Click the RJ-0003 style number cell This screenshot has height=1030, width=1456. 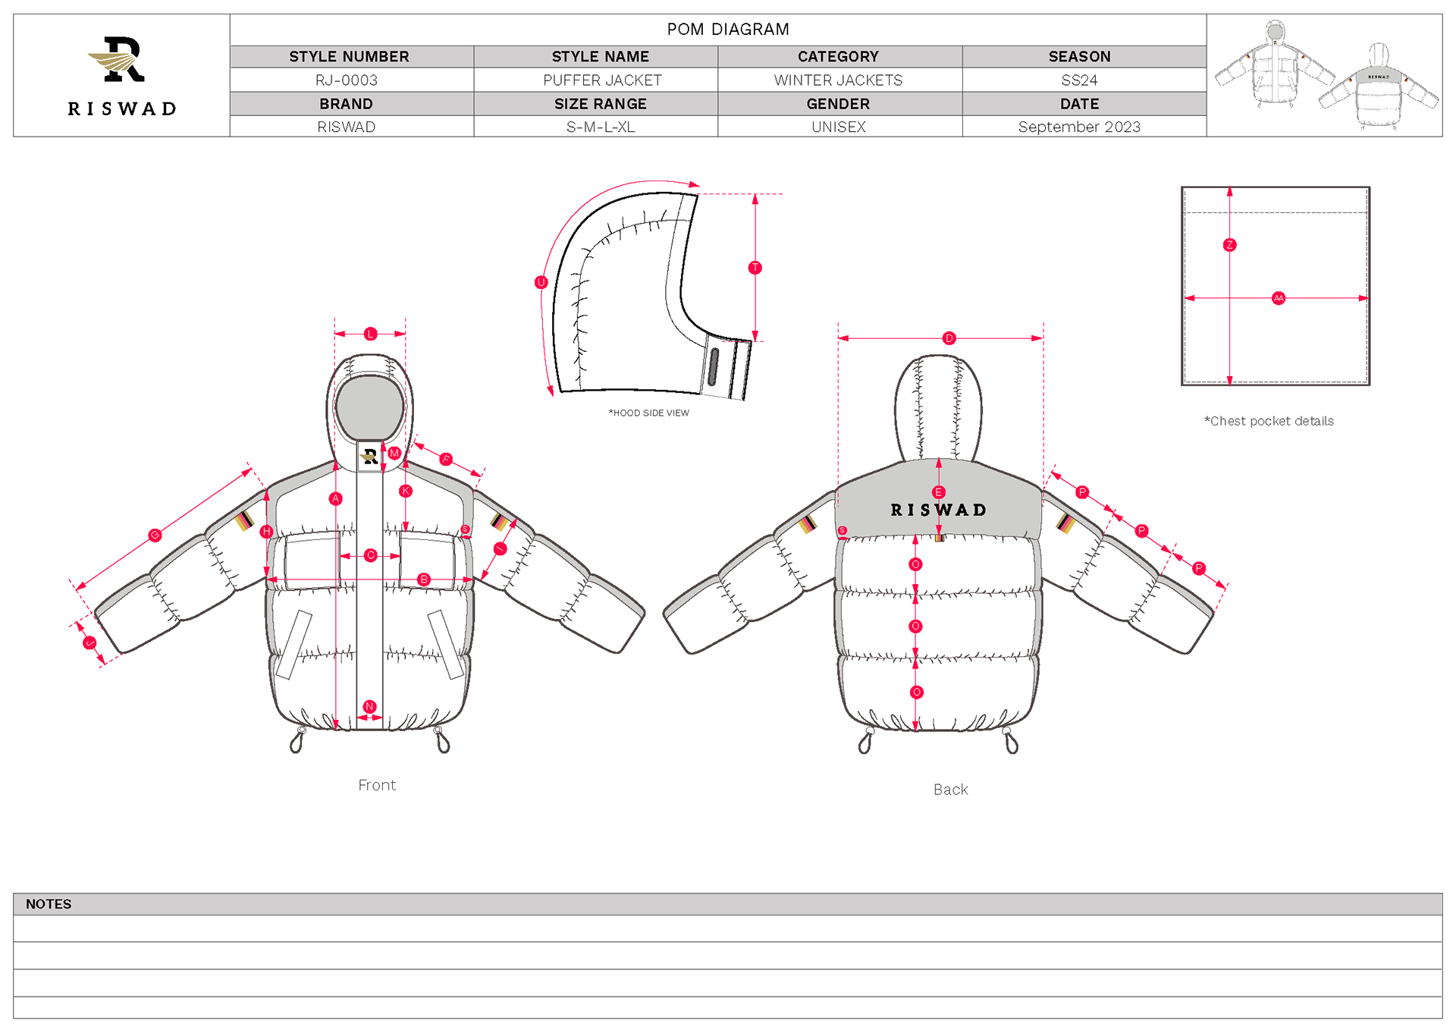[x=347, y=80]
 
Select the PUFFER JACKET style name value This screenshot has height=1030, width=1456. [x=602, y=80]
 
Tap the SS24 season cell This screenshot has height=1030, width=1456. [x=1079, y=80]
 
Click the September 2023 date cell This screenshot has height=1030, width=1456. [x=1079, y=127]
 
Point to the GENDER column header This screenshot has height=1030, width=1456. [x=838, y=104]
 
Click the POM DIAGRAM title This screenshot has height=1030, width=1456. [x=728, y=30]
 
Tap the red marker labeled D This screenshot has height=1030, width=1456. [x=949, y=338]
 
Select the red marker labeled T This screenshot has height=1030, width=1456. [x=755, y=268]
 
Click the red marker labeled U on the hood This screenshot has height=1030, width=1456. [x=541, y=282]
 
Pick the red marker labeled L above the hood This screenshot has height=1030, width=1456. [x=371, y=334]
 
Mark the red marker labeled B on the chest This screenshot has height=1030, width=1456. [x=424, y=579]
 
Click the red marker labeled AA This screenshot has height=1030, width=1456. [x=1279, y=298]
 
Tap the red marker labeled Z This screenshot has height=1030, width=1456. [x=1229, y=245]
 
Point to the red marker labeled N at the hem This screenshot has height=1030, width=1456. [x=369, y=707]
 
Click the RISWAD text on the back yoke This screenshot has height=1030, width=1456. [x=939, y=510]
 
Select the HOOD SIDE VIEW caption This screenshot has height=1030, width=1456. [x=649, y=413]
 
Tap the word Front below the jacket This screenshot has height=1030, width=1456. [x=377, y=785]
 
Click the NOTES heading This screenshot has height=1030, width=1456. [x=49, y=904]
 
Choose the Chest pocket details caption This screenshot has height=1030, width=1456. [x=1269, y=421]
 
